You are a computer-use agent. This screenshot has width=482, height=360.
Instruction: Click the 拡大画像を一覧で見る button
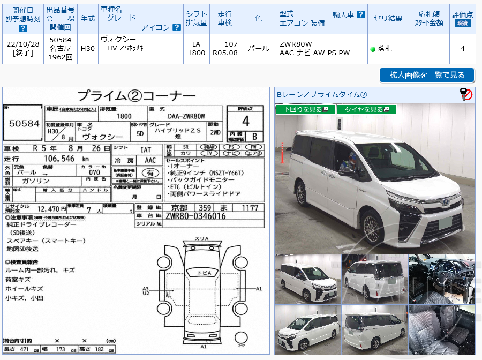coord(427,75)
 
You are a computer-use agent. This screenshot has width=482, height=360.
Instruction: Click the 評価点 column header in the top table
coord(462,18)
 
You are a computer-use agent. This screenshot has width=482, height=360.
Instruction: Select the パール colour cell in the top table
coord(259,49)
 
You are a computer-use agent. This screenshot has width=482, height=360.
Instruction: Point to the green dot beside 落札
coord(373,49)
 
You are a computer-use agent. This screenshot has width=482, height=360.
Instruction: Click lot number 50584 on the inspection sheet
coord(24,123)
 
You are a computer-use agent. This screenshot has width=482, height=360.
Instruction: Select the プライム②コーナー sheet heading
coord(137,96)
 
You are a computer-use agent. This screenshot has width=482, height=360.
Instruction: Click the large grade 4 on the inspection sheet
coord(245,120)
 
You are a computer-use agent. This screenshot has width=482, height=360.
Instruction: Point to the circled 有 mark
coord(150,173)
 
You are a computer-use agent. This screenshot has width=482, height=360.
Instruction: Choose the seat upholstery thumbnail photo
coord(441,329)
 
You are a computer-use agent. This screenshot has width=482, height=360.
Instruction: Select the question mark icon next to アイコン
coord(176,27)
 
